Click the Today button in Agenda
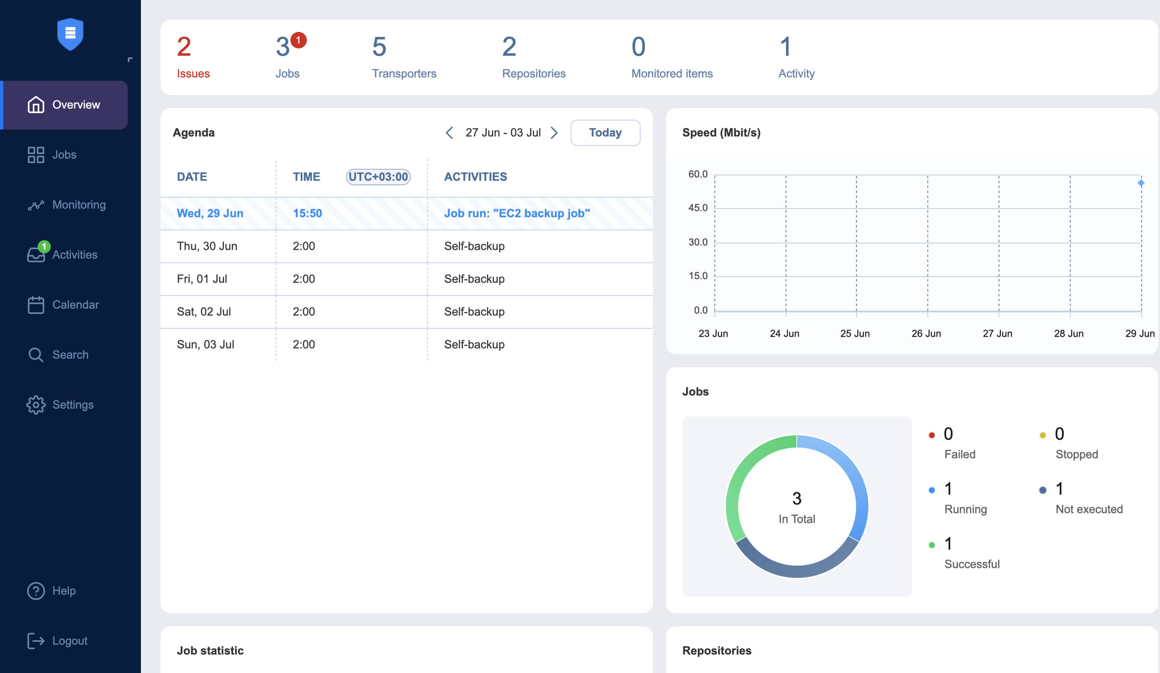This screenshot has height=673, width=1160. click(605, 133)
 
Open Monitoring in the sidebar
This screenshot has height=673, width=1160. click(78, 205)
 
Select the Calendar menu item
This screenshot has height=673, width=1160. click(75, 305)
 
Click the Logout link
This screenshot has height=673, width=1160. click(69, 641)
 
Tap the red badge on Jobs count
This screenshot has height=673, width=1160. click(298, 40)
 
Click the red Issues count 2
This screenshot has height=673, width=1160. click(184, 47)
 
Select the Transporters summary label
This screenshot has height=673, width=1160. click(404, 73)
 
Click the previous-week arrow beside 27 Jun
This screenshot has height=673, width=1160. click(449, 133)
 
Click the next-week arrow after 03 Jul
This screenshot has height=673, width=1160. click(554, 133)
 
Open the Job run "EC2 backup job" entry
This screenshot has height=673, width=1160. click(517, 213)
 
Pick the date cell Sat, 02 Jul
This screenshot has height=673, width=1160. click(204, 311)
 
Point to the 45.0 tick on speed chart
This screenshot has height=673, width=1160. click(698, 208)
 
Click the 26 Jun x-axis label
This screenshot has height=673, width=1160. click(926, 334)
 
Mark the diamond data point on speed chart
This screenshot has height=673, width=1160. click(1141, 183)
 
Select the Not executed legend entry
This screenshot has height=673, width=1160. click(1089, 509)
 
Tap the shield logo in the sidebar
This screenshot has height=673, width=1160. click(70, 34)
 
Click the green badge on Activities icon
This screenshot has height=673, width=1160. click(44, 246)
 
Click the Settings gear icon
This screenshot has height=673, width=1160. click(36, 405)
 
